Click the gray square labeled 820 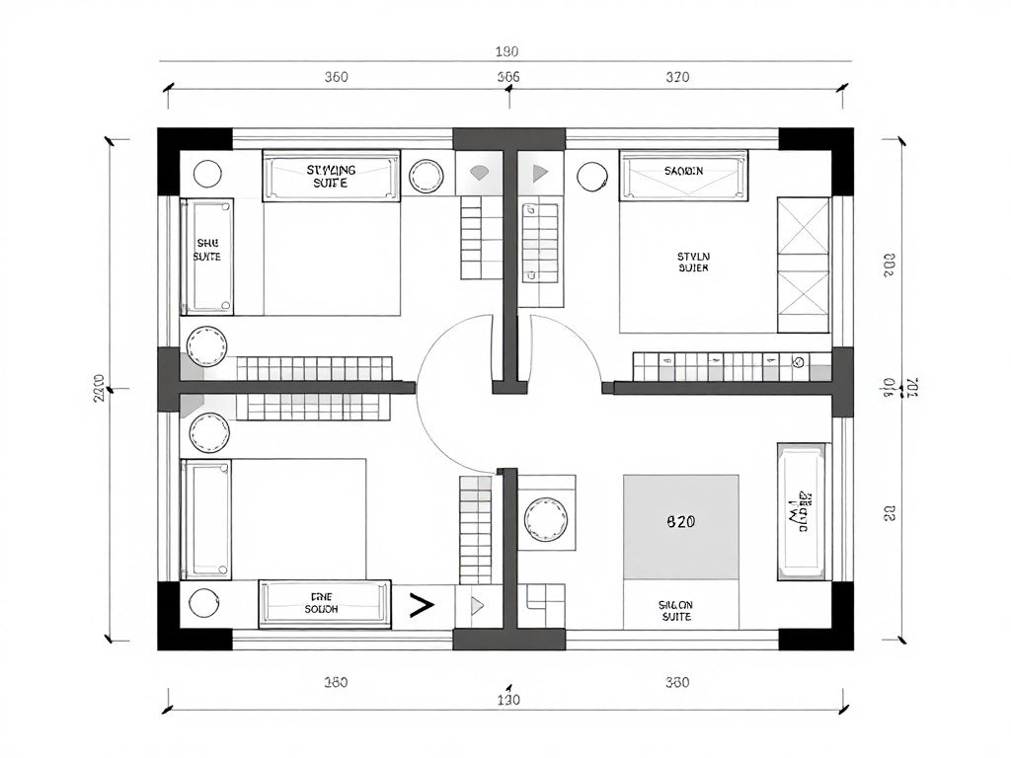pyautogui.click(x=680, y=527)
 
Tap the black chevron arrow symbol pyautogui.click(x=422, y=606)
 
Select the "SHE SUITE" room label pyautogui.click(x=207, y=250)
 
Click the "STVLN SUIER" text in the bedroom pyautogui.click(x=693, y=262)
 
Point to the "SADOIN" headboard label pyautogui.click(x=683, y=171)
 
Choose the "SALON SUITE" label pyautogui.click(x=675, y=610)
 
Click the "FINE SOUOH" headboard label pyautogui.click(x=323, y=603)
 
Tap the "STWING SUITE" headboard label pyautogui.click(x=331, y=176)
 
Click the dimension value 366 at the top pyautogui.click(x=508, y=77)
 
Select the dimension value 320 pyautogui.click(x=677, y=77)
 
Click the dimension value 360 pyautogui.click(x=339, y=77)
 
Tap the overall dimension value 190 pyautogui.click(x=506, y=52)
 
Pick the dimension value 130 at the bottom pyautogui.click(x=507, y=701)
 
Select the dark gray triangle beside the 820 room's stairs pyautogui.click(x=539, y=173)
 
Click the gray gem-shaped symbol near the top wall pyautogui.click(x=480, y=173)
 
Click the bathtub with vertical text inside pyautogui.click(x=803, y=510)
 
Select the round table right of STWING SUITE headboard pyautogui.click(x=428, y=176)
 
